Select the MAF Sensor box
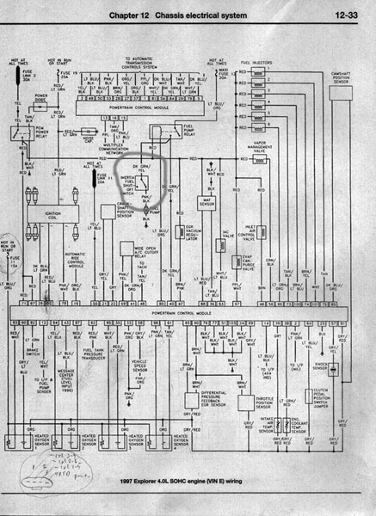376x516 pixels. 206,204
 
